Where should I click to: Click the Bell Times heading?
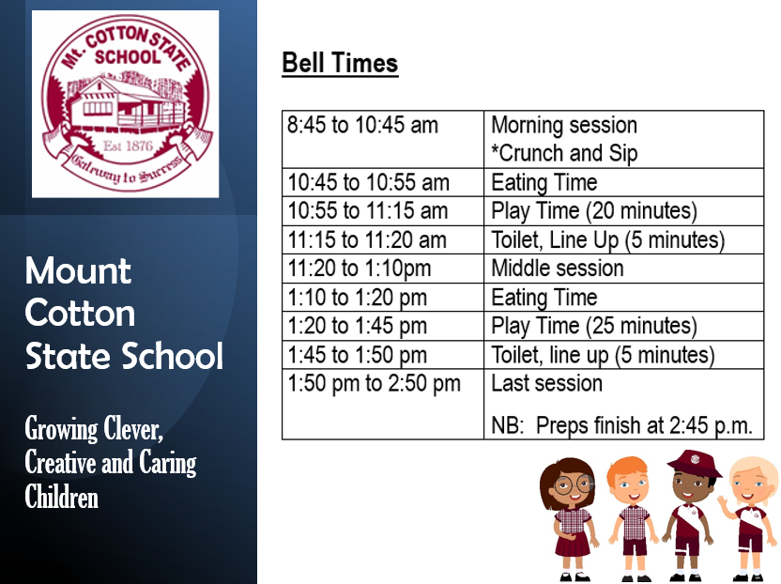[x=340, y=64]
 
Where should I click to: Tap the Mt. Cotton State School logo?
[x=126, y=103]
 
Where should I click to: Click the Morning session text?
[x=563, y=125]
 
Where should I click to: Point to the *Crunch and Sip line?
[x=564, y=153]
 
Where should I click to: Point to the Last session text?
[x=546, y=383]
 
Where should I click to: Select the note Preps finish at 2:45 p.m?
[x=621, y=425]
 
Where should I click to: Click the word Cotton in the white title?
[x=80, y=313]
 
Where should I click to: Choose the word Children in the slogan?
[x=61, y=496]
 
